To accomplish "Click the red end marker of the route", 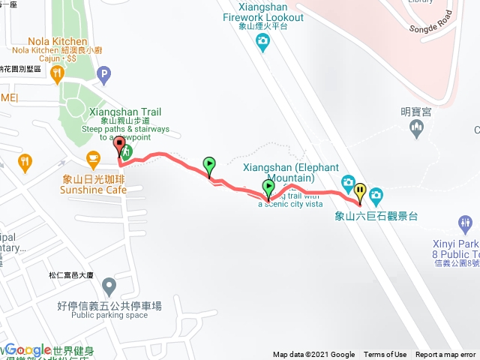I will click(119, 147).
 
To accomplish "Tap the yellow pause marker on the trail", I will click(361, 192).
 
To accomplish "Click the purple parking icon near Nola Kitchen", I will click(104, 75).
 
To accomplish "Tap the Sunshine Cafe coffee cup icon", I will click(93, 158).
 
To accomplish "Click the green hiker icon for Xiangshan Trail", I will click(127, 151).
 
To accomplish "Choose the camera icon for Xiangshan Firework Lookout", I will click(262, 44).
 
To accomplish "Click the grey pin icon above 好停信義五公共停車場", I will click(109, 286).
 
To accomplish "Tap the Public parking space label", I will click(109, 315).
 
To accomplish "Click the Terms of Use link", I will click(385, 355).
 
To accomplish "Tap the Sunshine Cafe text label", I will click(93, 190).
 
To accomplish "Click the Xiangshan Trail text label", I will click(124, 112).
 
